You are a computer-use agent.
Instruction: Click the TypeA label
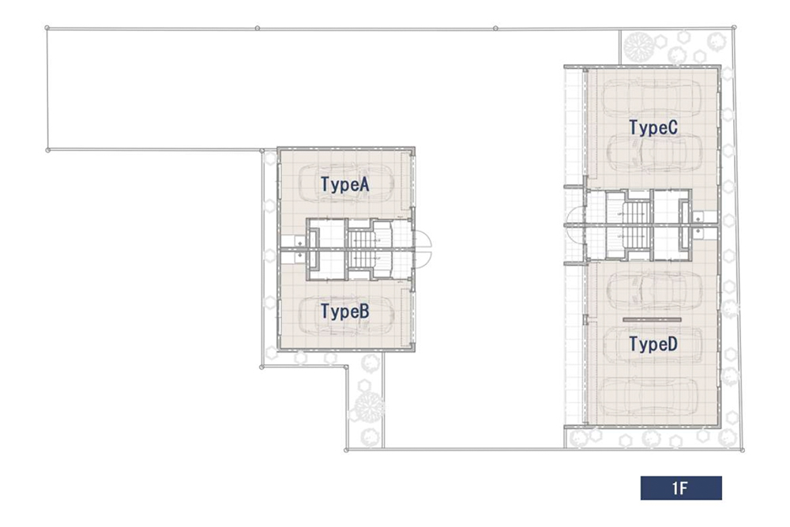[345, 184]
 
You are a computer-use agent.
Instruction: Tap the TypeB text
[345, 311]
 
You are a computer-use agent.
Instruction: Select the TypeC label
[653, 127]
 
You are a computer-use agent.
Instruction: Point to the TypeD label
[653, 344]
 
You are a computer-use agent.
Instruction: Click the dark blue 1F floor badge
[681, 487]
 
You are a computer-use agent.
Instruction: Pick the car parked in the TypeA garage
[346, 183]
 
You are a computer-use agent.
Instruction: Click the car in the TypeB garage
[346, 315]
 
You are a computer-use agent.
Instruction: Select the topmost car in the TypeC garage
[652, 97]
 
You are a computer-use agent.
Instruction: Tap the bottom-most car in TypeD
[650, 397]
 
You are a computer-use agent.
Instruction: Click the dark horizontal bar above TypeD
[652, 319]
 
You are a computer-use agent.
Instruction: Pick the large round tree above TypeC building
[638, 47]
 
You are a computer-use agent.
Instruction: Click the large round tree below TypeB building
[368, 407]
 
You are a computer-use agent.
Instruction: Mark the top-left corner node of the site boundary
[47, 28]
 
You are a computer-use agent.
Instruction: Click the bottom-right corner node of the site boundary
[742, 450]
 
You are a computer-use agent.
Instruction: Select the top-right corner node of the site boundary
[734, 27]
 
